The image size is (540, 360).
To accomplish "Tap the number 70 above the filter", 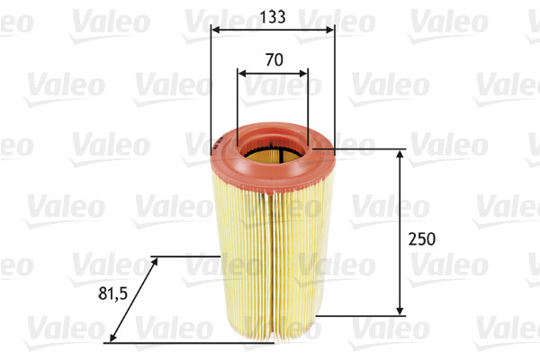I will tap(274, 60).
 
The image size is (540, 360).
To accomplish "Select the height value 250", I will tap(421, 238).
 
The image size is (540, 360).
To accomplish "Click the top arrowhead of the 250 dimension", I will tap(400, 155).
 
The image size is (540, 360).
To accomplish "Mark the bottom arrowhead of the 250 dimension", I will tap(400, 310).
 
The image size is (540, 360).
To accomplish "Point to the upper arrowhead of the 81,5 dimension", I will tap(156, 260).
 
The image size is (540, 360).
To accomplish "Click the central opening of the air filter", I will tap(272, 148).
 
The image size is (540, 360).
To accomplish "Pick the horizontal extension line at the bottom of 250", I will tap(360, 315).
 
